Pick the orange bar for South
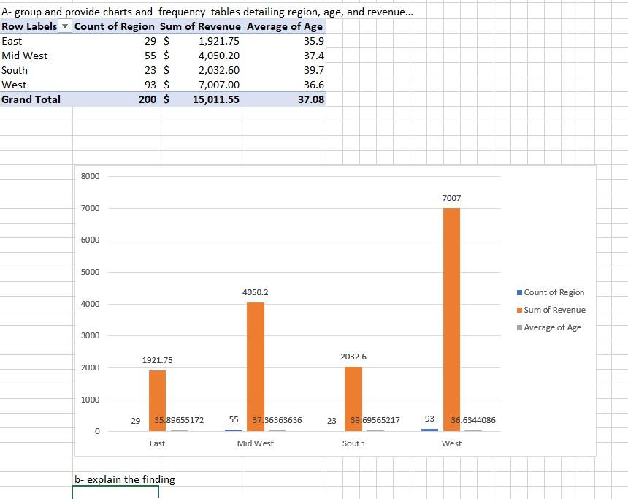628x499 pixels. coord(353,398)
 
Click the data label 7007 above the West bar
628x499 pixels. coord(451,198)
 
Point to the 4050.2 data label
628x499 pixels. coord(255,292)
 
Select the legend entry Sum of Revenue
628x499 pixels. coord(554,310)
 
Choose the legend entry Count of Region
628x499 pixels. coord(554,292)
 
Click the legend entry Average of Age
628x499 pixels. coord(552,327)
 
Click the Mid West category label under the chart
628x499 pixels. coord(256,443)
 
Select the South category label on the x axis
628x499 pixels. coord(353,443)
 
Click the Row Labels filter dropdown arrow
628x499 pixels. coord(66,27)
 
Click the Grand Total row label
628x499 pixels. coord(31,99)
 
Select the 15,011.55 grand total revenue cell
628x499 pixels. coord(215,99)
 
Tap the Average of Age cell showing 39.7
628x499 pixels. coord(314,70)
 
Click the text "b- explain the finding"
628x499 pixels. coord(125,479)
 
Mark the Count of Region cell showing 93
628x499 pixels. coord(151,85)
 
